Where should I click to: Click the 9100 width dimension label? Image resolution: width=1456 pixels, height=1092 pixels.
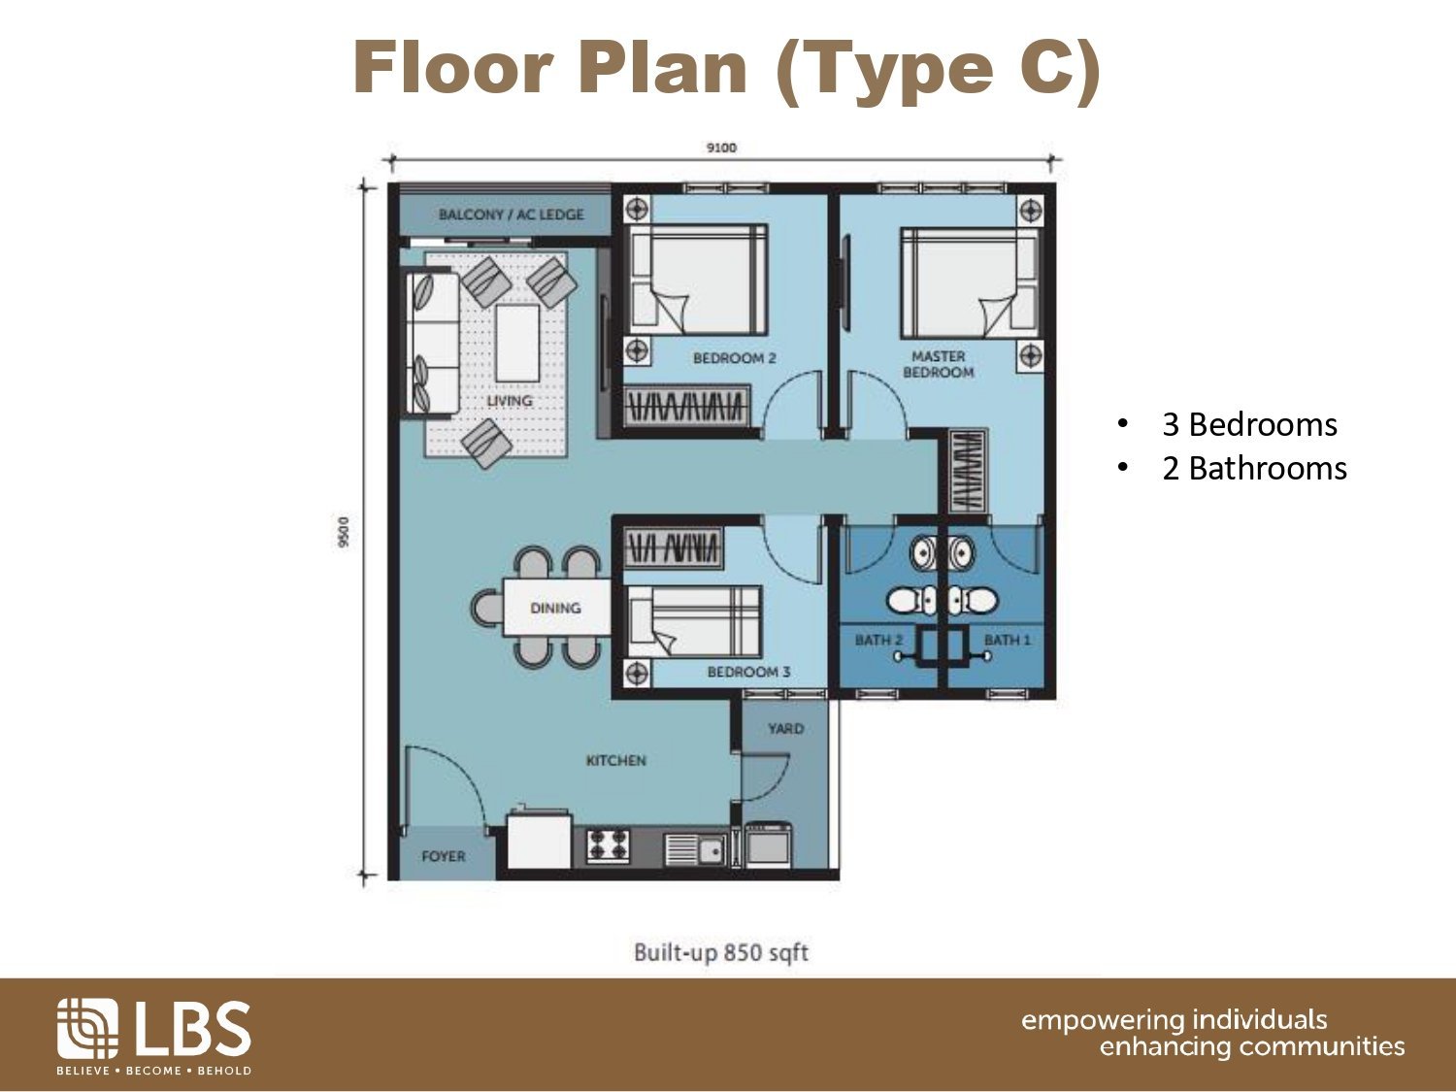(721, 148)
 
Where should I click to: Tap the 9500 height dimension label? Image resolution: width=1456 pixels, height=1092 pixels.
(343, 532)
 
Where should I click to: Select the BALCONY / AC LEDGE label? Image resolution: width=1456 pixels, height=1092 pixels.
(511, 215)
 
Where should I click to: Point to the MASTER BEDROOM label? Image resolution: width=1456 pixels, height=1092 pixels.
(938, 365)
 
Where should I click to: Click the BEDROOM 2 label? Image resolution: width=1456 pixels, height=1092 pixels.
(734, 359)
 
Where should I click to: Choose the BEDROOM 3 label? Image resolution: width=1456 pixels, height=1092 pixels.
(749, 673)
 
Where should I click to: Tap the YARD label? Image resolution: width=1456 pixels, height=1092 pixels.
(786, 729)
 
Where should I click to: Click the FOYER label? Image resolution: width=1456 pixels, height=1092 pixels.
(443, 857)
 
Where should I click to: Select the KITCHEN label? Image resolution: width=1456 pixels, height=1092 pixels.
(615, 760)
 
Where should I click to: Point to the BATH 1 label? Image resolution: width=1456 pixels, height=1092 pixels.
(1007, 640)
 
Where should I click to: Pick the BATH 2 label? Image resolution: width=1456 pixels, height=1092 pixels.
(878, 640)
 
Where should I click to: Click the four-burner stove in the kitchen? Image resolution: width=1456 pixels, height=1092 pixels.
(608, 844)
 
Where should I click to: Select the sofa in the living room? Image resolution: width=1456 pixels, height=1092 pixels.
(432, 342)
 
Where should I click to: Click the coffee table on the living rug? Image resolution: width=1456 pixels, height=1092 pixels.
(517, 343)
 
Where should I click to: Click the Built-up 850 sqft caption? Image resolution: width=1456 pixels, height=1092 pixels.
(721, 953)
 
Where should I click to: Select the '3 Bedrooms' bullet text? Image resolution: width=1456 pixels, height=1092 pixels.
(1249, 424)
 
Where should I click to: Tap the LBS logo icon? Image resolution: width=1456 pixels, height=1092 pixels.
(87, 1028)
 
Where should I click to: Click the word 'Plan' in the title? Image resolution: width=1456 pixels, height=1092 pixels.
(662, 68)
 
